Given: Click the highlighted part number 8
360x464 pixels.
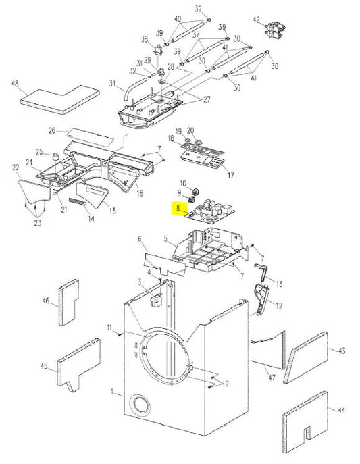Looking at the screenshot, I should (178, 209).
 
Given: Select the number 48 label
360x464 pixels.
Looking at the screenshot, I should (15, 84).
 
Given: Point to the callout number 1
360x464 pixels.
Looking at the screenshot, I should (113, 393).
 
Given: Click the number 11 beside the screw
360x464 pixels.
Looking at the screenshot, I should (109, 328).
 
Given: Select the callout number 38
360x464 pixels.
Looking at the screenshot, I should (144, 38).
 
